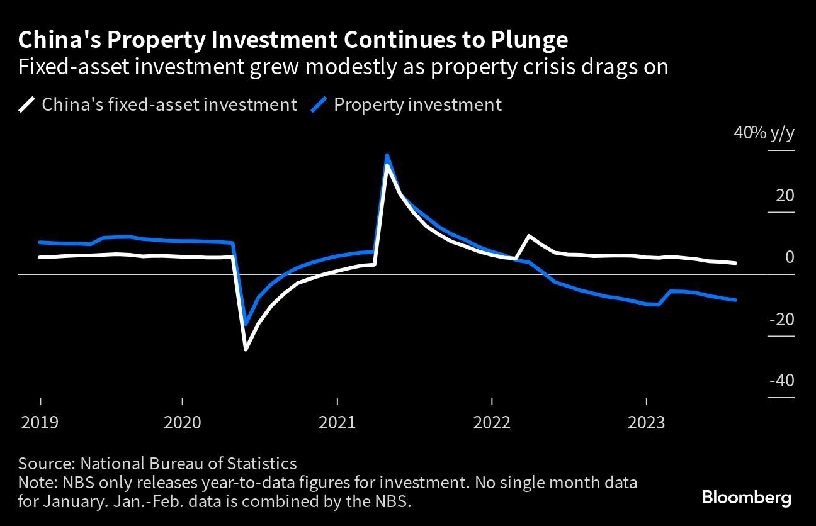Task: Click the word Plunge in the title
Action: (530, 40)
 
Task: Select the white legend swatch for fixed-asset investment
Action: (26, 105)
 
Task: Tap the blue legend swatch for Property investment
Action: (319, 105)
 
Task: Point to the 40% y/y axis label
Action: (764, 133)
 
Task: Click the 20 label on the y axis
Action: (785, 196)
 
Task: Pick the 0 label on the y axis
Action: (790, 257)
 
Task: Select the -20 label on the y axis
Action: (782, 320)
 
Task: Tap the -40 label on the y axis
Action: (782, 381)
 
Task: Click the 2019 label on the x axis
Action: (40, 423)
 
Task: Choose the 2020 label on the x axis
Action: (183, 423)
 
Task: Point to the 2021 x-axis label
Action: (337, 423)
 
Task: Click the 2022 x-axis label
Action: (492, 423)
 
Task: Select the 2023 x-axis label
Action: (647, 423)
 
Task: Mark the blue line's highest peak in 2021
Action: (387, 155)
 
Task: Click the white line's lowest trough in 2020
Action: (246, 349)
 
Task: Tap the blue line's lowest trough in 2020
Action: (246, 324)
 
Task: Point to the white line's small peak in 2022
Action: (529, 236)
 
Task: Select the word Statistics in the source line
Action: (262, 464)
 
